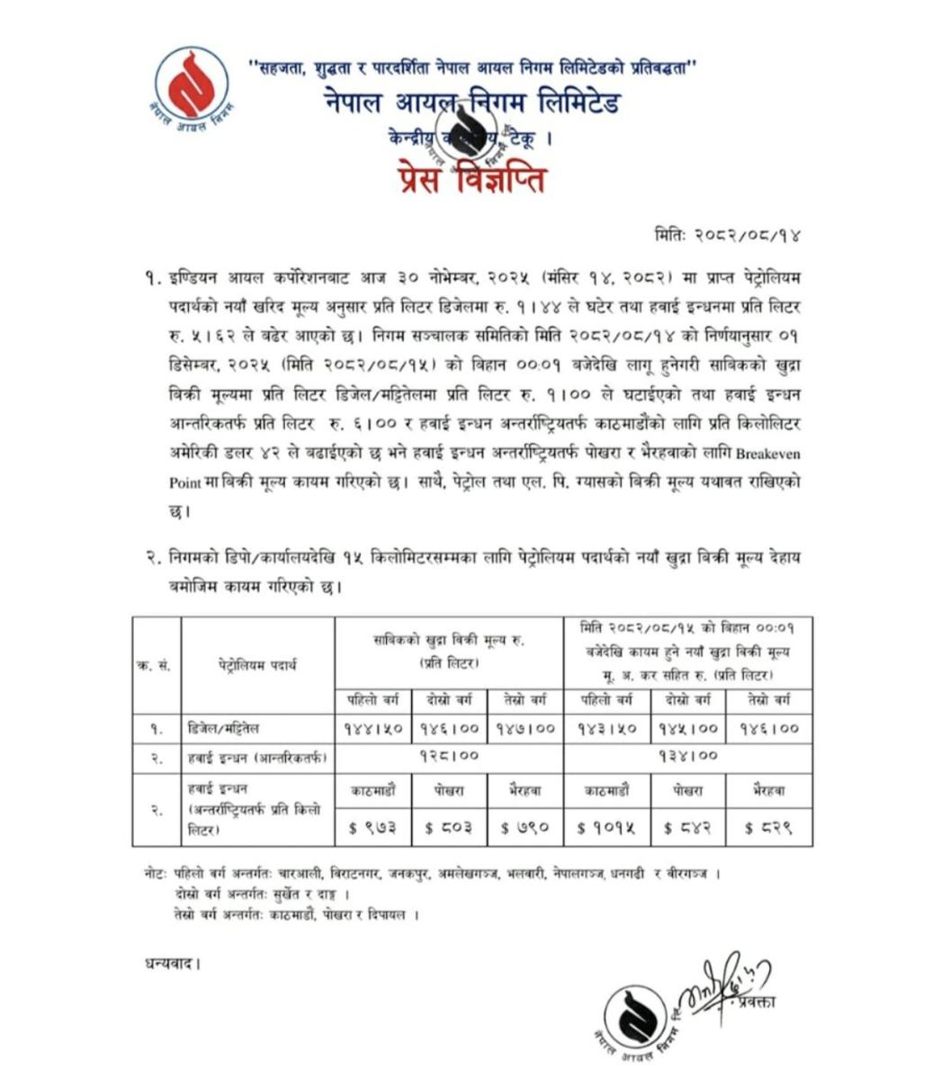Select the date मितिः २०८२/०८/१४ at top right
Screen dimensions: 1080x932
tap(728, 236)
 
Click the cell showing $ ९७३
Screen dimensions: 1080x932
tap(372, 826)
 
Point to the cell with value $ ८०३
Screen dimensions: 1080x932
tap(448, 826)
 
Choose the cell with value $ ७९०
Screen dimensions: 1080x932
tap(525, 826)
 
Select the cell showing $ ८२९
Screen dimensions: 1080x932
tap(769, 826)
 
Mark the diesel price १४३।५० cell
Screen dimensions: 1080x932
tap(605, 728)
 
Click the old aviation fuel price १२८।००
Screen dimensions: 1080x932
tap(449, 756)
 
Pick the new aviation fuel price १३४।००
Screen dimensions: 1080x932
tap(688, 756)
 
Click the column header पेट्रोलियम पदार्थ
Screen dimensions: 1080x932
tap(257, 666)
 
